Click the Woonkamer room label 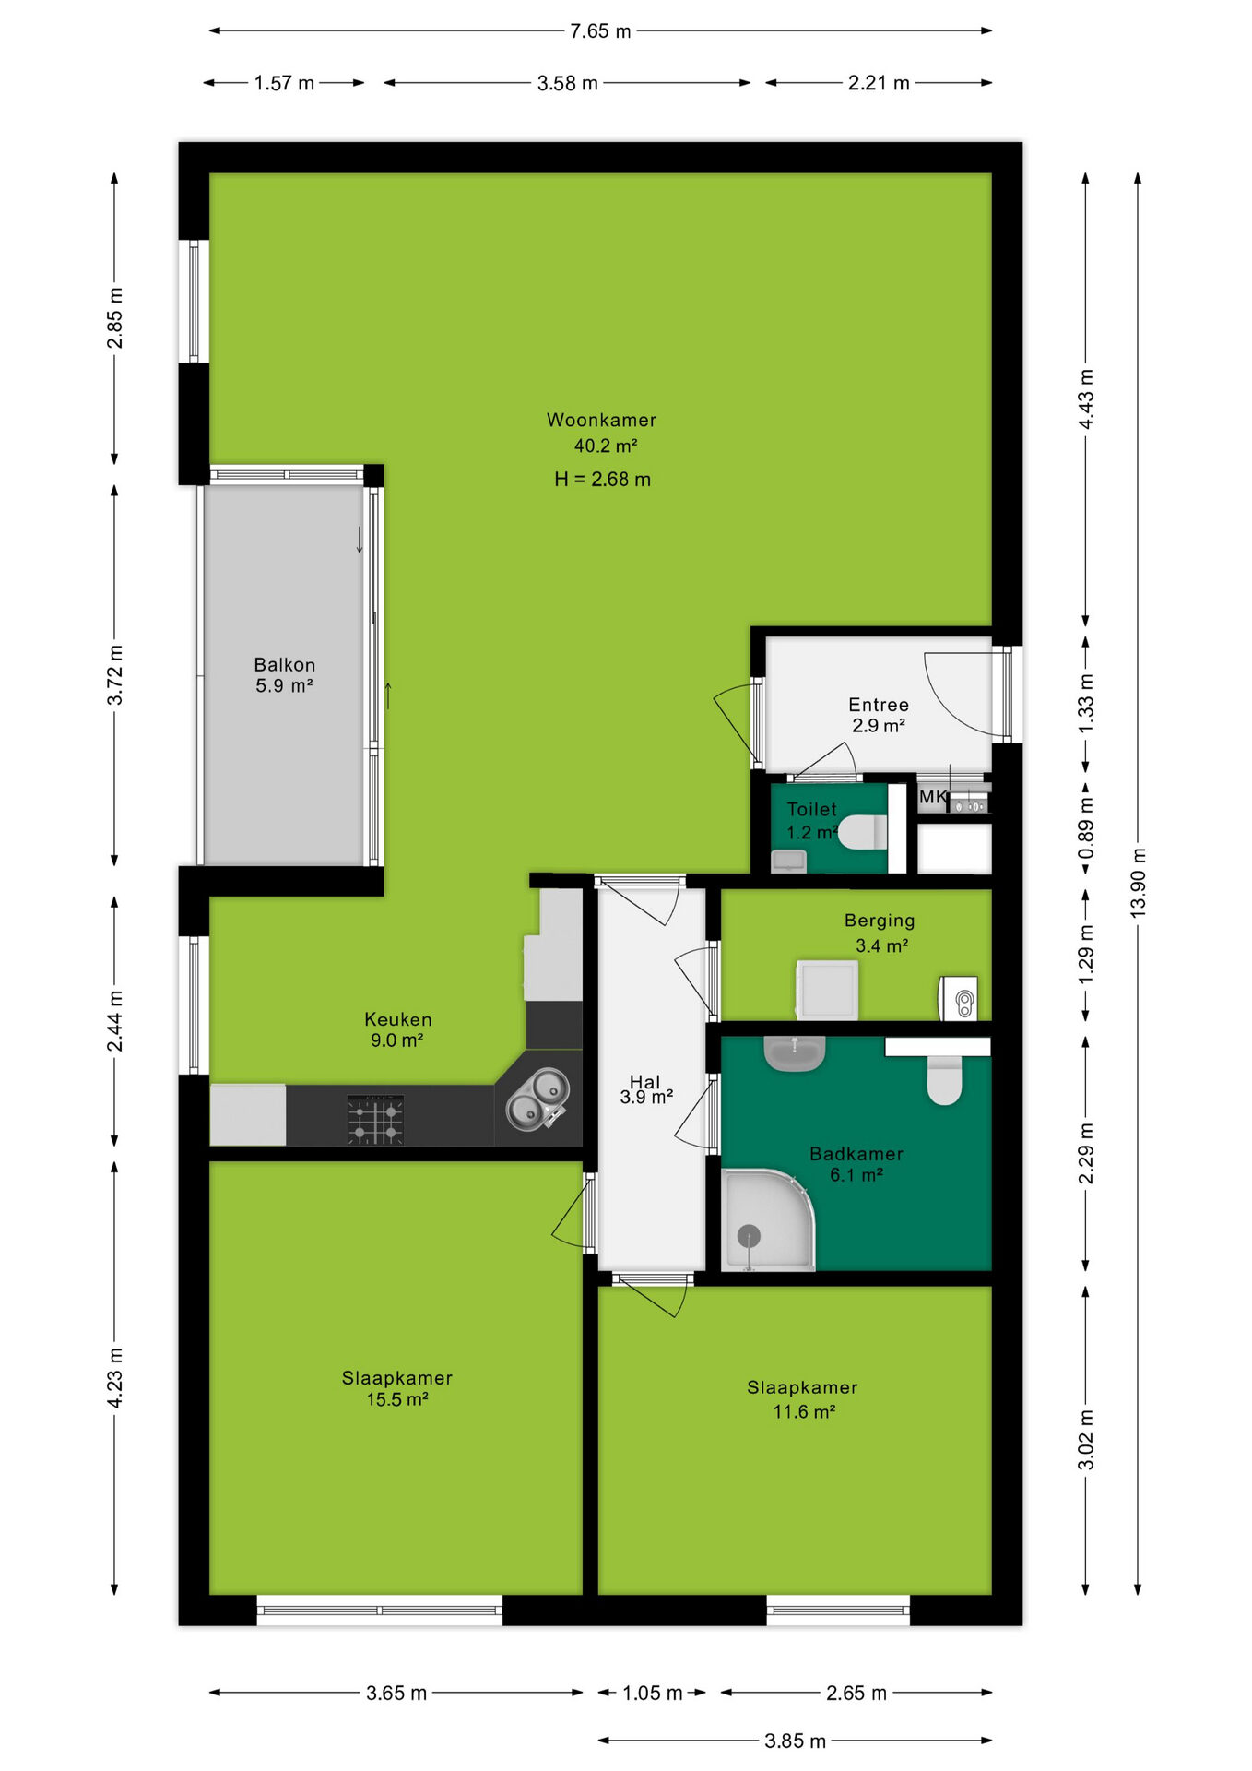click(601, 420)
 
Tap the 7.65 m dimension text click(600, 31)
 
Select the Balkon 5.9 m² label click(284, 675)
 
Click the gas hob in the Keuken click(375, 1120)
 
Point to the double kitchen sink click(537, 1098)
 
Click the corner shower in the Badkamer click(768, 1219)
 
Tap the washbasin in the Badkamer click(794, 1052)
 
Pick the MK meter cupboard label click(932, 797)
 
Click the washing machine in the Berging click(827, 990)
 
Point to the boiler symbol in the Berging click(959, 998)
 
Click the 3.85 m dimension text click(795, 1741)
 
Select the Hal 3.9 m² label click(645, 1088)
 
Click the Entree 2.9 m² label click(879, 715)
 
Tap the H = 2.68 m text click(602, 480)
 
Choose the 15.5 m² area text click(397, 1399)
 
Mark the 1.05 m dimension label click(652, 1693)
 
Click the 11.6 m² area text click(804, 1411)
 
